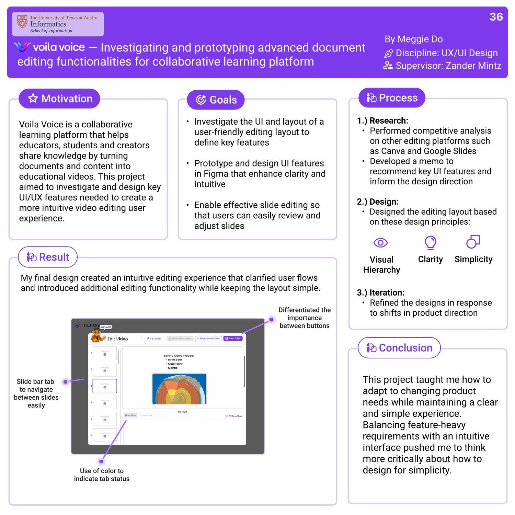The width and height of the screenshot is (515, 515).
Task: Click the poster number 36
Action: point(496,17)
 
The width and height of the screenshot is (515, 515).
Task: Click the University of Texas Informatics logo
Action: point(58,24)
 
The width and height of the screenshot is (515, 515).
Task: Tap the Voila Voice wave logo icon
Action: point(22,47)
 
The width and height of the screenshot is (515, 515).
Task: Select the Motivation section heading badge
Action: point(59,99)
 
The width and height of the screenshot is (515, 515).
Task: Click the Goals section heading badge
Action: point(216,100)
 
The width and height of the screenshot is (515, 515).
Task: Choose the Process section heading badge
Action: point(392,98)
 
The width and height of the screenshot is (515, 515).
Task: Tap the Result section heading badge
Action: point(48,257)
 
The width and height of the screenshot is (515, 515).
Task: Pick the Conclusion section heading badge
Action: point(399,348)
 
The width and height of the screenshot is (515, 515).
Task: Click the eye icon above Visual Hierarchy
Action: point(380,243)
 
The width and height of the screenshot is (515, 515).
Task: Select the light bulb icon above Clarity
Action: point(430,242)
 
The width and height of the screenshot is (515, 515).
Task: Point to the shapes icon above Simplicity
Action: point(473,242)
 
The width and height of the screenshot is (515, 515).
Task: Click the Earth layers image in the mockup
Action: point(179,389)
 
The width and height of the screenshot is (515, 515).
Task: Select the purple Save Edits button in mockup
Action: point(233,339)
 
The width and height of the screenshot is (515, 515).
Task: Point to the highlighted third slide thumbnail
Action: point(105,386)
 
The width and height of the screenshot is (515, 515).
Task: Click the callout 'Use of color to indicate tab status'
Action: point(102,474)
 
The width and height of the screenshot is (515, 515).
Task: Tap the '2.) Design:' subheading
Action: point(378,202)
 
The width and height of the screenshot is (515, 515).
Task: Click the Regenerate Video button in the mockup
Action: point(208,339)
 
